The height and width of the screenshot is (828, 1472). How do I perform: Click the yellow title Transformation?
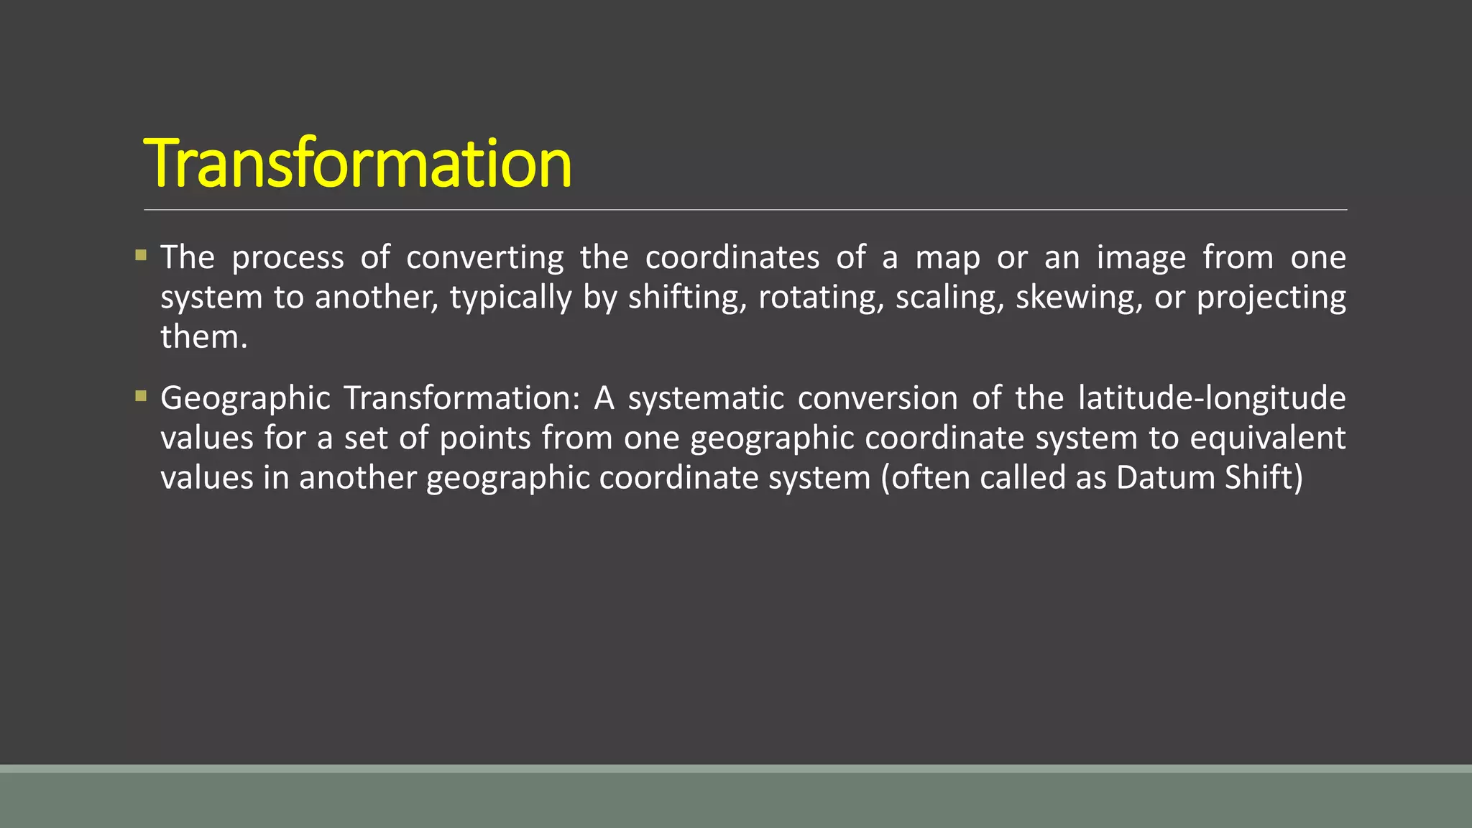(357, 164)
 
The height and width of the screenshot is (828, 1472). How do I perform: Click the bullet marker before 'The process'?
(141, 255)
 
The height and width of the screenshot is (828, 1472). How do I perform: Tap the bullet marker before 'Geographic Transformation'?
(141, 395)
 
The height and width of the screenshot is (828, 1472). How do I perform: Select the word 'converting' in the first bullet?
(485, 258)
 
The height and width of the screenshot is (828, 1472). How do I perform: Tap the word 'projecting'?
(1271, 298)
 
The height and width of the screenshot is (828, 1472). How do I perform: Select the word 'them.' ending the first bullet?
(204, 337)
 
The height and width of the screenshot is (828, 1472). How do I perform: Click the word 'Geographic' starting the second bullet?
(245, 399)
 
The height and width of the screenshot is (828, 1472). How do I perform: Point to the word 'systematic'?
(705, 399)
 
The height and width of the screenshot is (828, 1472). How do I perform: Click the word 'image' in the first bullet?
(1141, 258)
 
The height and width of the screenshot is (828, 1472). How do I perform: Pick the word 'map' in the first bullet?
(947, 258)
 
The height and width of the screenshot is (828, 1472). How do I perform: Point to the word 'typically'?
(510, 298)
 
